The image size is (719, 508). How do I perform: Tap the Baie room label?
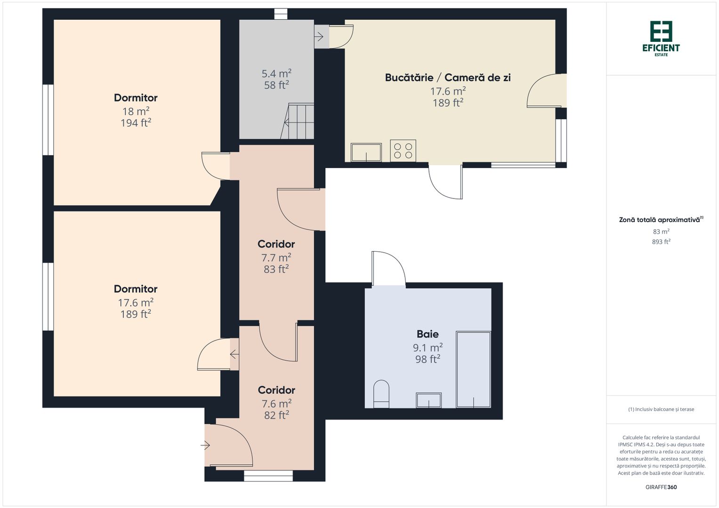coord(428,334)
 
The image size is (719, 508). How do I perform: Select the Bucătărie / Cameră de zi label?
coord(448,78)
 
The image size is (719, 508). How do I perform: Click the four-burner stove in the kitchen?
coord(403,151)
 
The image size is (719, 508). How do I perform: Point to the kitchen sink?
coord(366,152)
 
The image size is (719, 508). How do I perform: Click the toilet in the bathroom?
coord(381,394)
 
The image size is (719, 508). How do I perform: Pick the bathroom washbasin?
coord(429,400)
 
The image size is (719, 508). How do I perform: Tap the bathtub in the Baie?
coord(474,369)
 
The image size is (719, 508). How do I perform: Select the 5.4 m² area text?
coord(276,73)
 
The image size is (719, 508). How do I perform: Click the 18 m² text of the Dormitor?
coord(136,111)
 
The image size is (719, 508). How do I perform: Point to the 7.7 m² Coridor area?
coord(276,257)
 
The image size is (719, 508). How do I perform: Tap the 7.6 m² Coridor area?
coord(276,403)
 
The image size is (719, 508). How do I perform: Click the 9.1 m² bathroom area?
coord(428,347)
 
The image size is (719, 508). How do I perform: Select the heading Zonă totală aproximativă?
coord(659,220)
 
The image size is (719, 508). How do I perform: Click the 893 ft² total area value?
coord(661,241)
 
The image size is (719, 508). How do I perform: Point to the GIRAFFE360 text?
coord(661,487)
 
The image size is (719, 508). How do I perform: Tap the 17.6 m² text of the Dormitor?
coord(136,302)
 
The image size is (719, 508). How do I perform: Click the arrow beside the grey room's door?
coord(319,37)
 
